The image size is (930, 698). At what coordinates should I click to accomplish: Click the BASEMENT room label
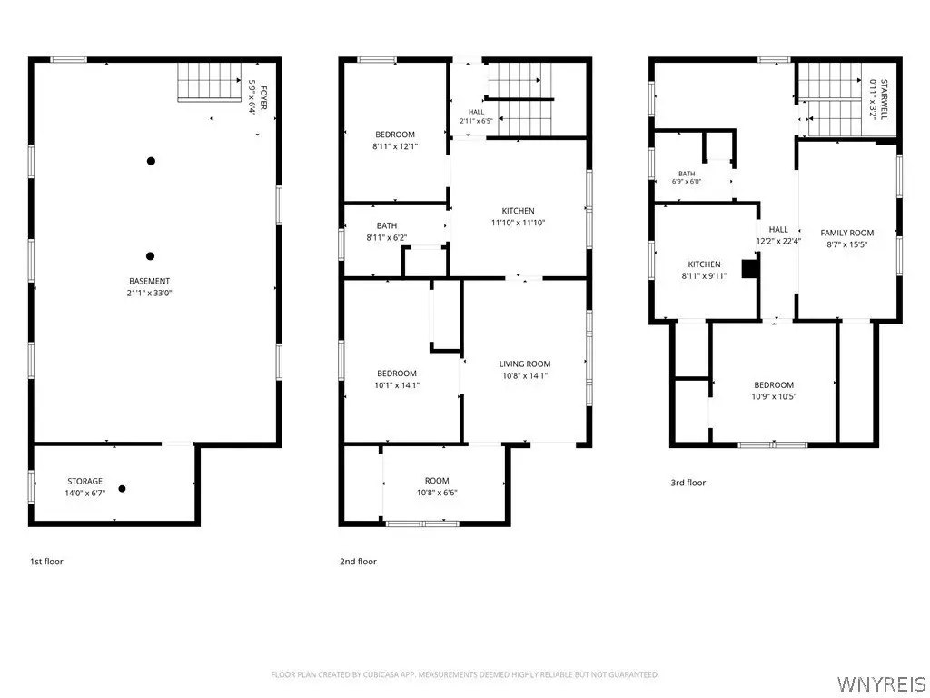tap(150, 281)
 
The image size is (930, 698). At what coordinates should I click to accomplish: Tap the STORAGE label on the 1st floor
tap(84, 481)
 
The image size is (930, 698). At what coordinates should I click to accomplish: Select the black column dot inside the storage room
tap(123, 489)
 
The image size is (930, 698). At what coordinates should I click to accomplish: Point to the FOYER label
tap(263, 98)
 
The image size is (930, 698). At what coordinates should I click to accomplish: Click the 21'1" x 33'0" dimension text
tap(150, 293)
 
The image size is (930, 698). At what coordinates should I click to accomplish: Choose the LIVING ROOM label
tap(525, 364)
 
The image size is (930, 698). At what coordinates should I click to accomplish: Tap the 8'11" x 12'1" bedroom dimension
tap(395, 146)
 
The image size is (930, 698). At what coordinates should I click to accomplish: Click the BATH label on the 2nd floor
tap(387, 225)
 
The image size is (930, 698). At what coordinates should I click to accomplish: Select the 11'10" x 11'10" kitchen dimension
tap(518, 223)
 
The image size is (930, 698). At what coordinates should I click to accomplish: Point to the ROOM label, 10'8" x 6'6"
tap(437, 481)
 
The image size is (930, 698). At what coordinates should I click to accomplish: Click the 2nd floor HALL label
tap(476, 112)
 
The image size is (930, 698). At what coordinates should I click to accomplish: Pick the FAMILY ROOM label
tap(847, 233)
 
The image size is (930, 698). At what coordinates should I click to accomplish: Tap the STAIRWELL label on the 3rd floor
tap(885, 100)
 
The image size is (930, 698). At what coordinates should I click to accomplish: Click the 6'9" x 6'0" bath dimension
tap(687, 182)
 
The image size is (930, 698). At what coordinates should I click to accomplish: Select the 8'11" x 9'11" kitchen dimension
tap(704, 276)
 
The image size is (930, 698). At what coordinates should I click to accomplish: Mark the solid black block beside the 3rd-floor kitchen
tap(751, 268)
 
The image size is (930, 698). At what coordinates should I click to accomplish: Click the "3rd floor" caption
tap(688, 483)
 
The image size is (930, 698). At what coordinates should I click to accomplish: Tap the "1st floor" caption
tap(46, 562)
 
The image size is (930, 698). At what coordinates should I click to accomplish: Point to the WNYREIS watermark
tap(881, 683)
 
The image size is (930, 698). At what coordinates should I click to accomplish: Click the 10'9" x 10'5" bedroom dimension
tap(774, 396)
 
